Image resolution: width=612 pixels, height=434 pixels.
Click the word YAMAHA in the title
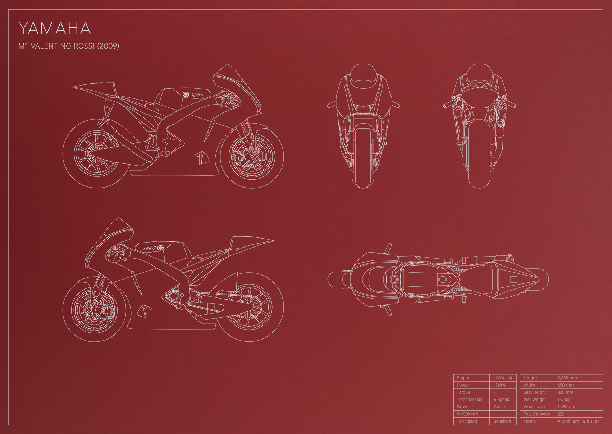click(x=55, y=28)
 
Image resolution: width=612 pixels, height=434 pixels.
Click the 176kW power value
click(x=500, y=385)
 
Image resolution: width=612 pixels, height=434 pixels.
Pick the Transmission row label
click(x=470, y=400)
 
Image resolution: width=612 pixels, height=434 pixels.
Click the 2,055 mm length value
click(x=567, y=378)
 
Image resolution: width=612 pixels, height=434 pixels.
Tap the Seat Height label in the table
click(x=535, y=392)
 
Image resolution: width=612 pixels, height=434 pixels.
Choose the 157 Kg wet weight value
click(x=564, y=400)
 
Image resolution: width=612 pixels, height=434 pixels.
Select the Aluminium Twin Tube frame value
click(x=579, y=421)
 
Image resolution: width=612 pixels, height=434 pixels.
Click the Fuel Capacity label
click(x=537, y=414)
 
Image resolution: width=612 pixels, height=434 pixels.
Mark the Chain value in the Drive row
click(x=499, y=407)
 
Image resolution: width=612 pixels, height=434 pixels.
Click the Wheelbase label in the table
click(x=534, y=407)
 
